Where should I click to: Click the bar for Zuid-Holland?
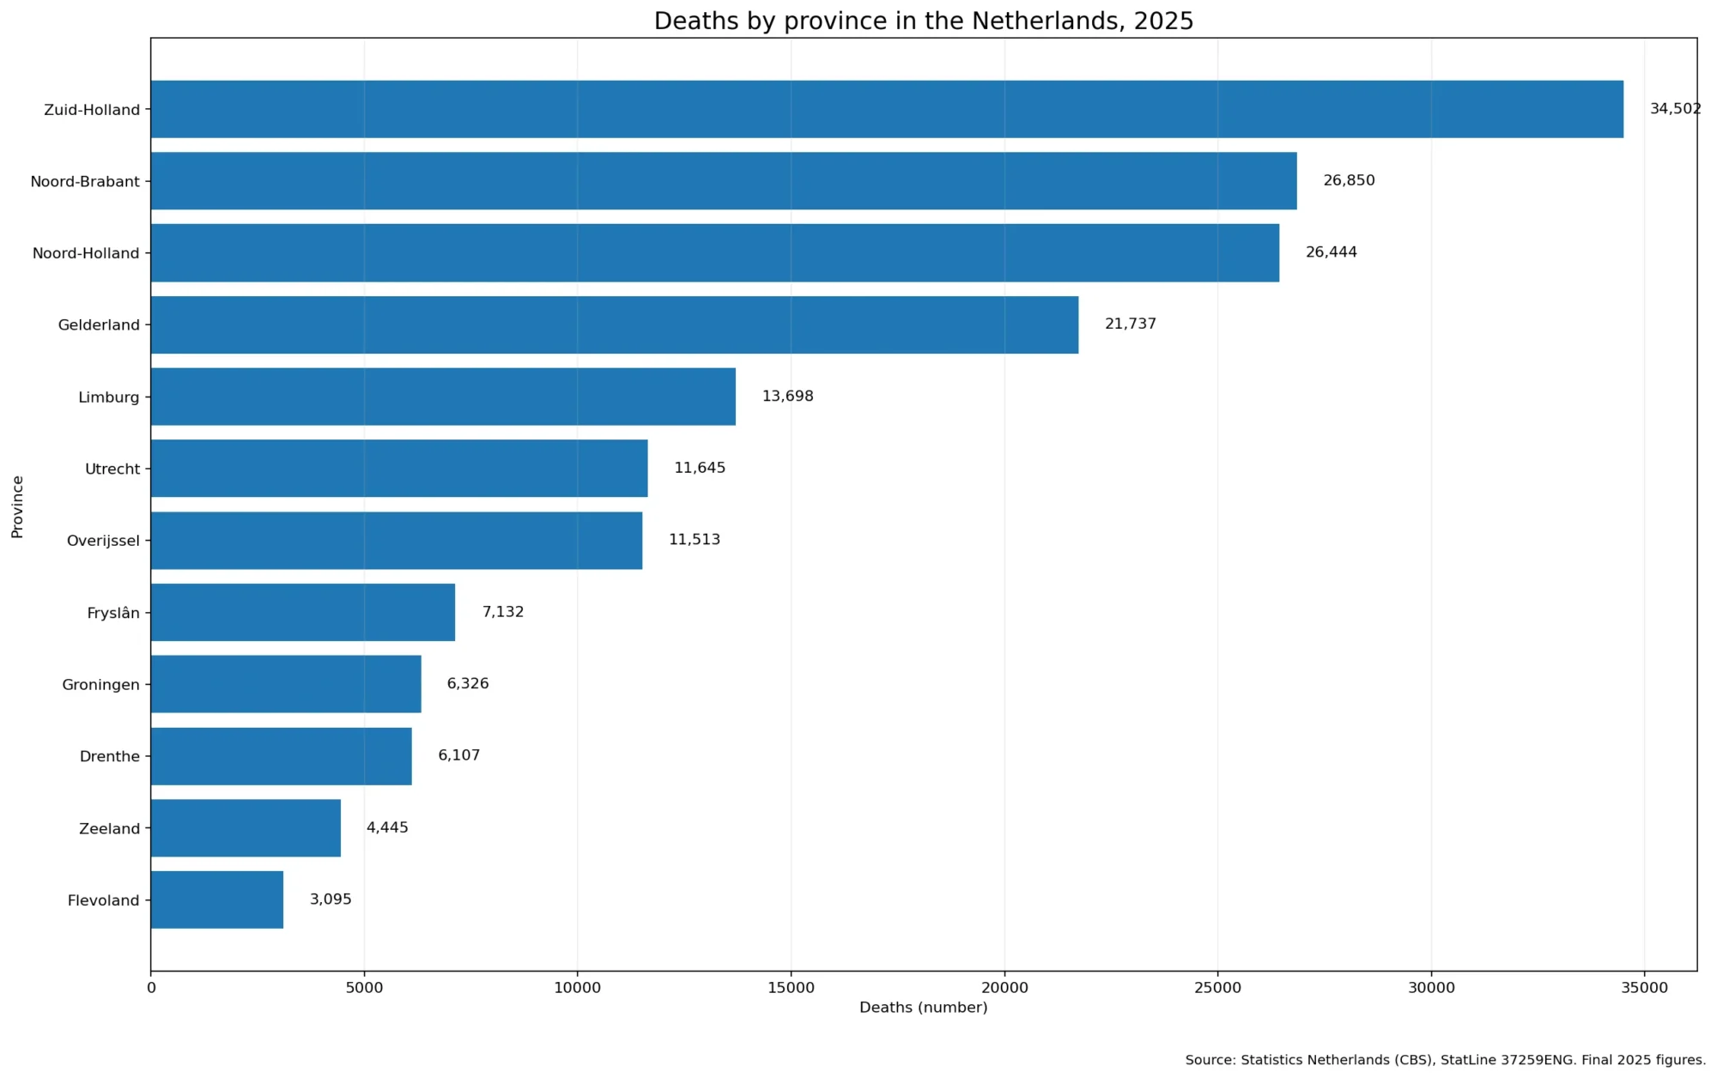tap(887, 109)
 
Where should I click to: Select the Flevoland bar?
tap(217, 899)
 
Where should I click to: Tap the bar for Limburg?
tap(443, 397)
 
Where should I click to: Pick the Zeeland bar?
tap(246, 828)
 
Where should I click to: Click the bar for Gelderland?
tap(615, 324)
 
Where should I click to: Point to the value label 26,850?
tap(1349, 180)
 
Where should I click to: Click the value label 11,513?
tap(695, 540)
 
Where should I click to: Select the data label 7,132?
tap(503, 612)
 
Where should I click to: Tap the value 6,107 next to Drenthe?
tap(459, 755)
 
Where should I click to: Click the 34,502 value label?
tap(1675, 109)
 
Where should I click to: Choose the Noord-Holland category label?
tap(86, 253)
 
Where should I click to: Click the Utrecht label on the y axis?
tap(112, 469)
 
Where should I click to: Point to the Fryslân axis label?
tap(113, 613)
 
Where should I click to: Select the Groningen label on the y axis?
tap(100, 685)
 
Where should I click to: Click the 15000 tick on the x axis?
tap(791, 988)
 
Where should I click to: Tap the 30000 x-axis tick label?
tap(1431, 988)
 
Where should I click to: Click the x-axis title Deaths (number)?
tap(924, 1008)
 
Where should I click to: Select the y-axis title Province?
tap(17, 506)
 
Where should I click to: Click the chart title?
tap(924, 21)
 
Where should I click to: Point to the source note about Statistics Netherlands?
tap(1446, 1060)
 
